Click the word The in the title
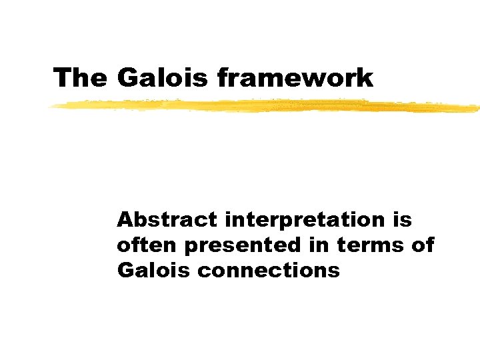pyautogui.click(x=79, y=78)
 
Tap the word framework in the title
pyautogui.click(x=295, y=78)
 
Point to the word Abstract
pyautogui.click(x=157, y=219)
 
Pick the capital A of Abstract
pyautogui.click(x=125, y=219)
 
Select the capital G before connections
pyautogui.click(x=125, y=271)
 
